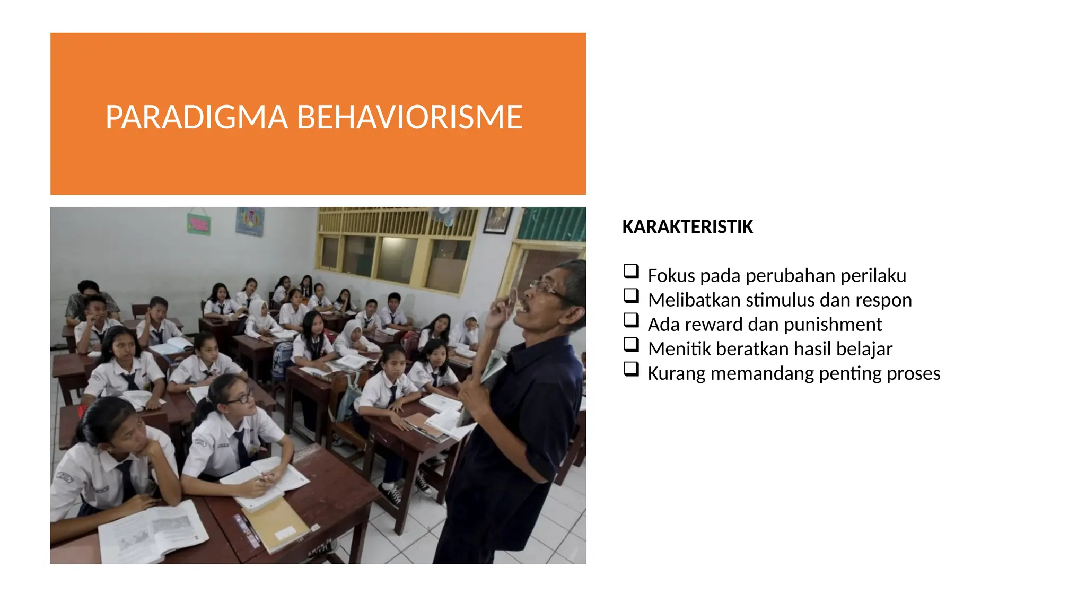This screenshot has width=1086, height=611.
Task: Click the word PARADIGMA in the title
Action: point(196,117)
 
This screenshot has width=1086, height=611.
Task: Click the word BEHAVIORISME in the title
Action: point(409,117)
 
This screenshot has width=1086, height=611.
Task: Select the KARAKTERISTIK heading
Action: point(687,227)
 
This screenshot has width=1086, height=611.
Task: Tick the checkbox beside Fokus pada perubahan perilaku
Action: point(631,272)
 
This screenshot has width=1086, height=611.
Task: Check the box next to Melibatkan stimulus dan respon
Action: point(631,296)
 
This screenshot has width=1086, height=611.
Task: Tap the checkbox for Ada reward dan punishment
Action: point(631,320)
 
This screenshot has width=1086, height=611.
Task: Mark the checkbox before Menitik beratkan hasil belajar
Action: point(631,345)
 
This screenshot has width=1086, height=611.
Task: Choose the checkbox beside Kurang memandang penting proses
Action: point(631,369)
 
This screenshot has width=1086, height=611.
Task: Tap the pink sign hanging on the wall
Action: point(199,224)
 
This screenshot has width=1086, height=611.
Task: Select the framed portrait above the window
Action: point(498,219)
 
